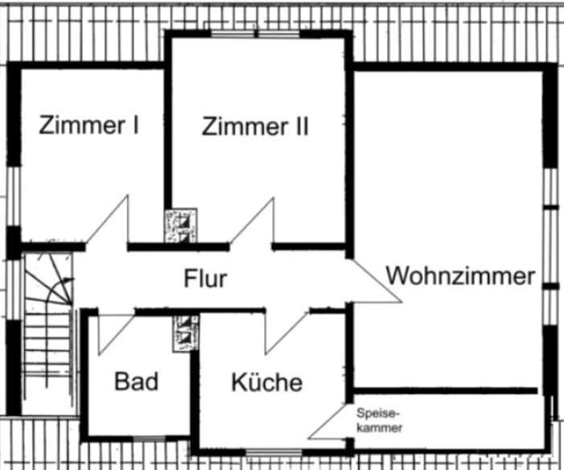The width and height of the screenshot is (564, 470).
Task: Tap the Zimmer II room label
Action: click(255, 126)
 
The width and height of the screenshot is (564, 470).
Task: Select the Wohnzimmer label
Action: click(461, 275)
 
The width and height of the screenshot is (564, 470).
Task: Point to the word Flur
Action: click(205, 279)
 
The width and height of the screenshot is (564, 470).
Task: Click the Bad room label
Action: click(136, 381)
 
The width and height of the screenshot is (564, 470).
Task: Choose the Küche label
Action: click(267, 381)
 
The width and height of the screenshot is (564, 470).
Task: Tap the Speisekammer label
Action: click(378, 420)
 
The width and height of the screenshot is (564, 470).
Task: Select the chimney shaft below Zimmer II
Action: click(180, 226)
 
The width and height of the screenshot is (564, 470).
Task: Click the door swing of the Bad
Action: click(112, 330)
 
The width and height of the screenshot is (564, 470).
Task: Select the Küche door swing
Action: click(285, 330)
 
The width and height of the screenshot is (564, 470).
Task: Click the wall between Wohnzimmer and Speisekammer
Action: click(447, 392)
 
